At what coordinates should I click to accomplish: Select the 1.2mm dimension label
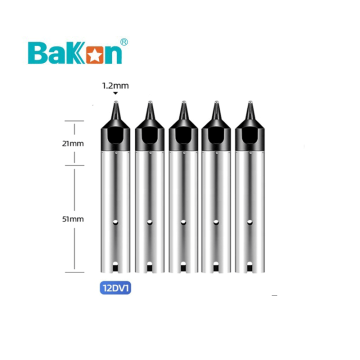pos(114,86)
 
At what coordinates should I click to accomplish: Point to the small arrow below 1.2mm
pos(114,95)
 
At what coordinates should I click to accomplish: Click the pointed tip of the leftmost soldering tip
pos(114,103)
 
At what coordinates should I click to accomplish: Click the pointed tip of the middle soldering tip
pos(181,103)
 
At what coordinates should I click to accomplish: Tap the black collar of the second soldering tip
pos(148,137)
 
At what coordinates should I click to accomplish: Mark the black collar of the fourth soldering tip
pos(214,137)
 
